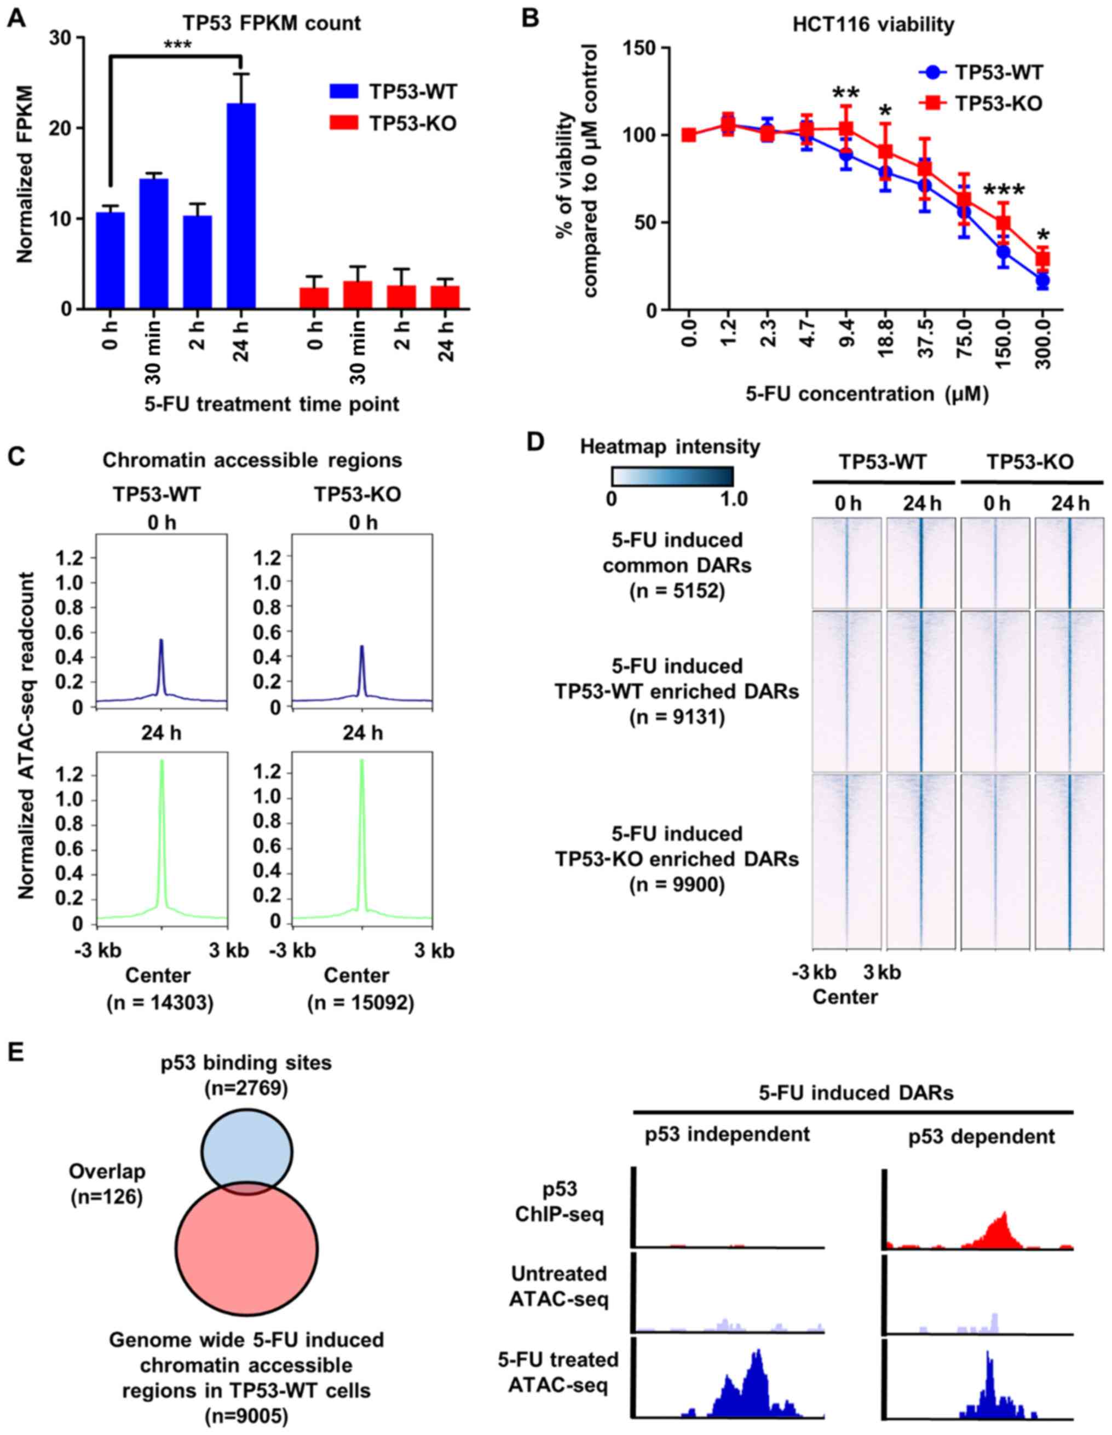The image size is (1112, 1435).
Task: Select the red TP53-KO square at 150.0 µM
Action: point(1003,223)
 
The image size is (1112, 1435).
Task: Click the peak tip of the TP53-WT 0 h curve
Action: point(161,640)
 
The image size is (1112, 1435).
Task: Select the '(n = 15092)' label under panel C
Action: point(360,1003)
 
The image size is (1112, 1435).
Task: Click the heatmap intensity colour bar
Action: point(672,476)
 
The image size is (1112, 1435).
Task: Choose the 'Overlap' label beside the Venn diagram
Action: point(107,1171)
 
